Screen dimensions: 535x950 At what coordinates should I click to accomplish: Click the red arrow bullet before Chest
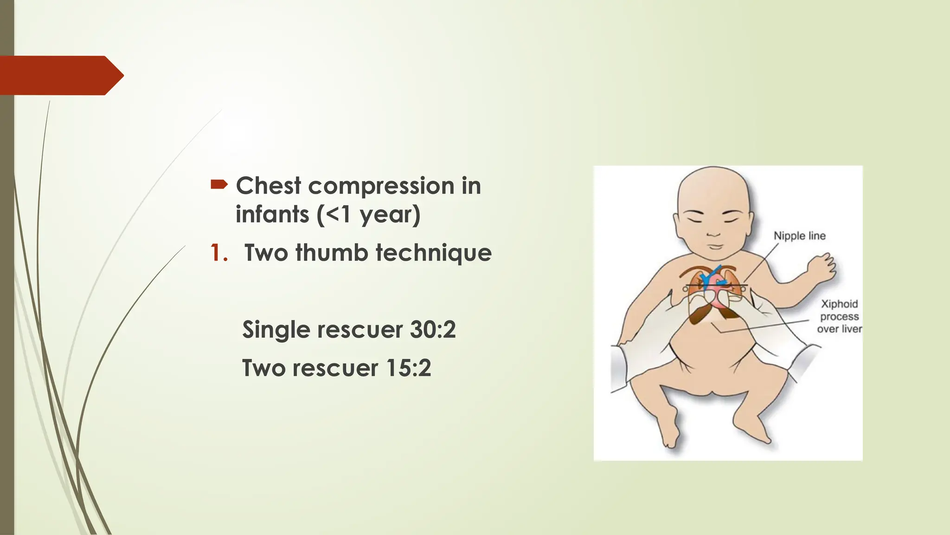click(x=219, y=185)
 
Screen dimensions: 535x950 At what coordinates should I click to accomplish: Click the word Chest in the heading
click(x=269, y=186)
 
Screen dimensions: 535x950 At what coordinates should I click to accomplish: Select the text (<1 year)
click(x=368, y=215)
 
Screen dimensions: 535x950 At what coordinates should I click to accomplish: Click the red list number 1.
click(x=218, y=253)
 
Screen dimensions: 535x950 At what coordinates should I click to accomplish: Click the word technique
click(x=433, y=254)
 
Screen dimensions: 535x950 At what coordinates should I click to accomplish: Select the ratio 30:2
click(x=433, y=330)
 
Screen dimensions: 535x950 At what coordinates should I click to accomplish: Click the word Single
click(x=276, y=330)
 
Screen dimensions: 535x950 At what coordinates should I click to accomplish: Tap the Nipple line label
click(x=799, y=236)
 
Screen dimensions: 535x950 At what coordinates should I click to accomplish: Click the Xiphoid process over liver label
click(x=839, y=316)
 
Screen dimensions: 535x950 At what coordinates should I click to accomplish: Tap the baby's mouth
click(x=715, y=246)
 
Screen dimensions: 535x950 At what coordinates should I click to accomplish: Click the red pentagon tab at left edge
click(x=60, y=75)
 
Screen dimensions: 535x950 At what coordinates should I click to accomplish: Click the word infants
click(x=272, y=215)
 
